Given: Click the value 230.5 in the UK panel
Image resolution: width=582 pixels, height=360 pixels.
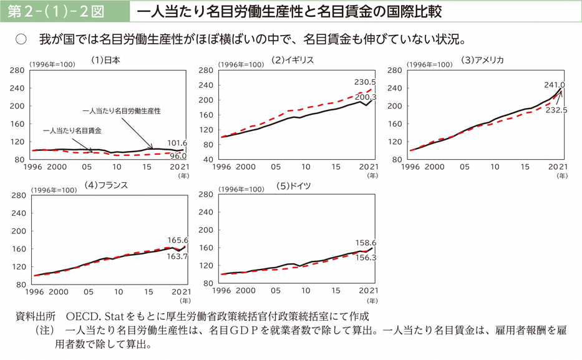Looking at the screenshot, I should tap(365, 82).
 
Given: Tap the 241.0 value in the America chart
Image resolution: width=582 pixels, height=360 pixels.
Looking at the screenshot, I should tap(555, 85).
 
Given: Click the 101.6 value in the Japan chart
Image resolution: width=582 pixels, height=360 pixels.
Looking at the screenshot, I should tap(178, 142).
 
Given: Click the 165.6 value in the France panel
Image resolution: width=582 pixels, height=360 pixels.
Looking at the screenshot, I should tap(178, 240).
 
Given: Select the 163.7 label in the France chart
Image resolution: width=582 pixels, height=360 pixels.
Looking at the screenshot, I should tap(178, 256).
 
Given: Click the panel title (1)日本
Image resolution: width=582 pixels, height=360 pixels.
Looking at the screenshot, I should tap(105, 61).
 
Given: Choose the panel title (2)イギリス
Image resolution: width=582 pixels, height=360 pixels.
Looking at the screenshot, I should tap(293, 60).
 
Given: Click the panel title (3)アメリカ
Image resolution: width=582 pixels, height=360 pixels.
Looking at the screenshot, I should tap(482, 60).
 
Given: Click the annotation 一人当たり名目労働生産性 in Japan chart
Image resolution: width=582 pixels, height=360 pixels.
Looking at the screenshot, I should tap(122, 110).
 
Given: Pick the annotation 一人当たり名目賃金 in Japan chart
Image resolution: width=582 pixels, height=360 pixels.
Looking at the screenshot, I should tap(73, 131).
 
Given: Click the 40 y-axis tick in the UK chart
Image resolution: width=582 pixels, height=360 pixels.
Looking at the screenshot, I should tap(210, 160).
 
